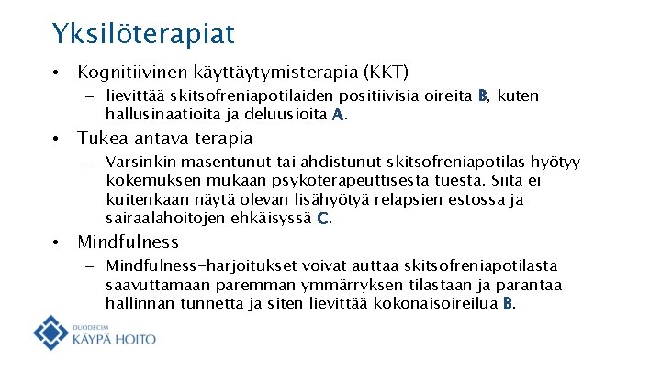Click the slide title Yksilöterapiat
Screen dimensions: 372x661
(x=143, y=34)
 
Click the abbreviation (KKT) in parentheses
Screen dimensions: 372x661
(x=386, y=72)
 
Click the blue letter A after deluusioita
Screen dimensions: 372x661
(x=338, y=115)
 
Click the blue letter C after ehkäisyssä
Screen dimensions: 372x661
(x=322, y=219)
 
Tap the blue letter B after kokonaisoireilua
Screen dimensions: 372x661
(x=510, y=303)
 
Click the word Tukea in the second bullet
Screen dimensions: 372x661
(x=101, y=139)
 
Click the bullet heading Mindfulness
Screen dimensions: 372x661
(x=128, y=242)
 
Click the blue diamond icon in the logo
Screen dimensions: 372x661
(x=51, y=332)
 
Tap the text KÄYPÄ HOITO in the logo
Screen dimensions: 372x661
(x=113, y=339)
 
